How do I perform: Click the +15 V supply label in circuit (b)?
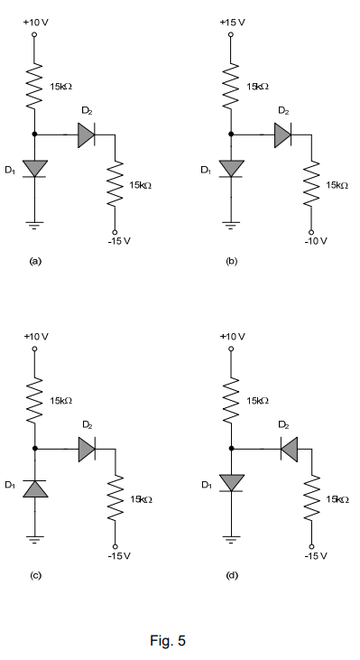tap(233, 20)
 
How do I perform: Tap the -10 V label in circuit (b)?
tap(316, 241)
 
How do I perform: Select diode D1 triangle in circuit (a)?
tap(35, 167)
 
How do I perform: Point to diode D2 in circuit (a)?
tap(87, 135)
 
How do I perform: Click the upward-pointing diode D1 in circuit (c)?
tap(35, 488)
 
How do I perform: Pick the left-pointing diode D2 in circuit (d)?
tap(288, 447)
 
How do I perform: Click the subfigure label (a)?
tap(35, 261)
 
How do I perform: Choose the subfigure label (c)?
tap(35, 574)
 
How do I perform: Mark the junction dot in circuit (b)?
tap(232, 135)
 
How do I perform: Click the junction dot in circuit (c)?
tap(35, 447)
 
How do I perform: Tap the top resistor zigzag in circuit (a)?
tap(35, 85)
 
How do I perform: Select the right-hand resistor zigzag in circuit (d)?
tap(311, 499)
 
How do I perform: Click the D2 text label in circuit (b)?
tap(283, 111)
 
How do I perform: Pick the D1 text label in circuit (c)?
tap(11, 486)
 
